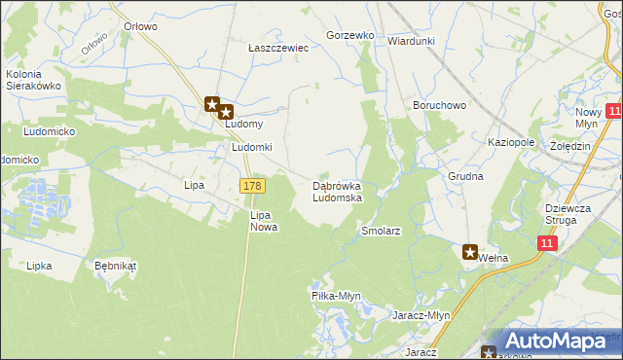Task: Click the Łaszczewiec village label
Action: click(x=277, y=47)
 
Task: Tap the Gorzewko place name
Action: click(x=350, y=35)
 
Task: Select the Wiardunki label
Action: click(x=411, y=41)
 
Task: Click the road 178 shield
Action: click(x=251, y=186)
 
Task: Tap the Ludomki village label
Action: click(x=251, y=147)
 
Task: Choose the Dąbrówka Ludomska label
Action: click(x=337, y=192)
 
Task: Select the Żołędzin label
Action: click(x=570, y=146)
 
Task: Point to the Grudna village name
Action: click(x=466, y=177)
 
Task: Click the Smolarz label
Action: click(x=381, y=232)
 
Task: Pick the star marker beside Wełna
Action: click(x=470, y=252)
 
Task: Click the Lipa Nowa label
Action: click(x=264, y=221)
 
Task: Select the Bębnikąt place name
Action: click(x=116, y=265)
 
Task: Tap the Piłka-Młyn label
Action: click(x=336, y=296)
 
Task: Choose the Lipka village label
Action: click(x=39, y=265)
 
